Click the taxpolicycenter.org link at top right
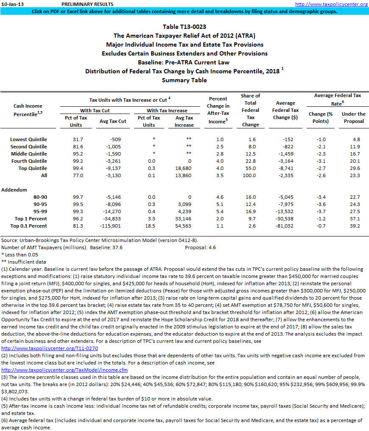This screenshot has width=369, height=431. click(331, 4)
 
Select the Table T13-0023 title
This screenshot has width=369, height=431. click(184, 27)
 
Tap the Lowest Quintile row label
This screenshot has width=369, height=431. click(29, 139)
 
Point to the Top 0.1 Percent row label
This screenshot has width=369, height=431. click(29, 226)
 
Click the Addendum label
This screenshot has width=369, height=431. click(15, 190)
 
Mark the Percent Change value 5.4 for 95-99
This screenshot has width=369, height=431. click(218, 211)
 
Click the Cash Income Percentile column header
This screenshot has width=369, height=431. click(28, 110)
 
